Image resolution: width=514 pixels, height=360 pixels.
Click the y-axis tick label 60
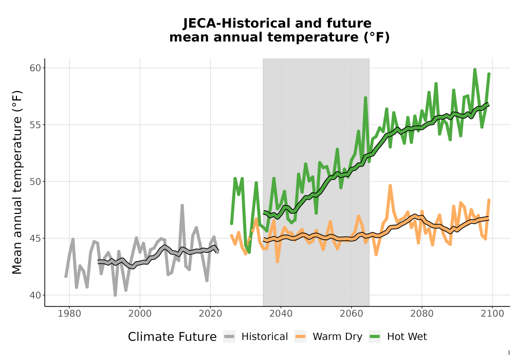(x=35, y=68)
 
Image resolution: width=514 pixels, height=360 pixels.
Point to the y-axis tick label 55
(x=35, y=125)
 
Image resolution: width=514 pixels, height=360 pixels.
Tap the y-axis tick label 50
(x=35, y=182)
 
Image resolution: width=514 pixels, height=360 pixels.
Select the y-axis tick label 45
(x=35, y=238)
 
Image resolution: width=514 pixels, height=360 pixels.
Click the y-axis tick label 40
(x=35, y=295)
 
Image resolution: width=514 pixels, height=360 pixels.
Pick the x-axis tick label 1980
(x=69, y=314)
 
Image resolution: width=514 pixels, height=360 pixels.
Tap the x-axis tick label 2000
(x=140, y=314)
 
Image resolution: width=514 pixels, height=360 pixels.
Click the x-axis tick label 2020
(x=210, y=314)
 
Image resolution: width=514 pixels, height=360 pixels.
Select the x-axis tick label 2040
(x=281, y=314)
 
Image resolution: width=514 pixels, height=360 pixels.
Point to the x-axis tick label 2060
(x=352, y=314)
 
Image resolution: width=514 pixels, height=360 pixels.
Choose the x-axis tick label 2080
(x=422, y=314)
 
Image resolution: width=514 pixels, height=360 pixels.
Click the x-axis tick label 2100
(x=492, y=314)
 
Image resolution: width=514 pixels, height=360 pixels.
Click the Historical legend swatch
(x=229, y=337)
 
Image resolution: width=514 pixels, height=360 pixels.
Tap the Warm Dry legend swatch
(x=300, y=337)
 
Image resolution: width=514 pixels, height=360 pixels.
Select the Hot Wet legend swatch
(x=375, y=337)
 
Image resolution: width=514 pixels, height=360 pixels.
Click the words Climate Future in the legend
(x=172, y=337)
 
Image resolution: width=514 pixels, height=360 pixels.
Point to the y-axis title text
(x=17, y=182)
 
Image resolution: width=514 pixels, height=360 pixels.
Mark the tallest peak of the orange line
(x=390, y=186)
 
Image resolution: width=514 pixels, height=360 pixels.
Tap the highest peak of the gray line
(x=182, y=206)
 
